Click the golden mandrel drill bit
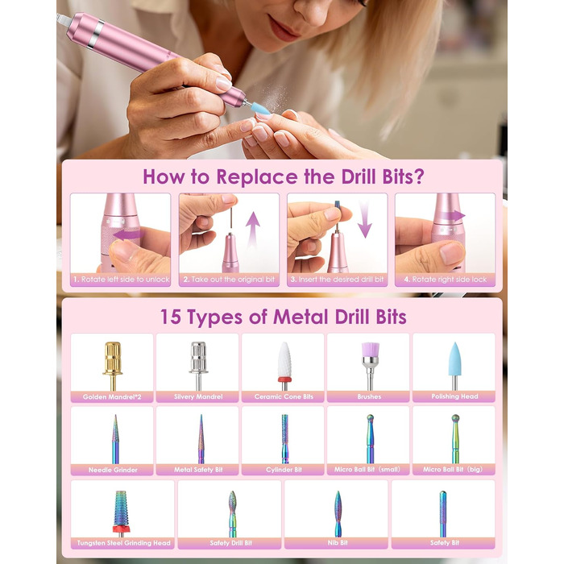(x=113, y=365)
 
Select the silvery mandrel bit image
(x=198, y=365)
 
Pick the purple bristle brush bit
(x=370, y=365)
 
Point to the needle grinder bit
(x=115, y=440)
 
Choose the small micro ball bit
(x=370, y=440)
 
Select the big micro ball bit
(x=455, y=440)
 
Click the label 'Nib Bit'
(x=338, y=543)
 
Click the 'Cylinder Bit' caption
(x=284, y=470)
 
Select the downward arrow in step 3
(x=365, y=219)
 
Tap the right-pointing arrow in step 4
(x=452, y=216)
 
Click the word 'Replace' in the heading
(x=257, y=177)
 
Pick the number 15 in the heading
(x=171, y=317)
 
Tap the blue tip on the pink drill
(x=260, y=108)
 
